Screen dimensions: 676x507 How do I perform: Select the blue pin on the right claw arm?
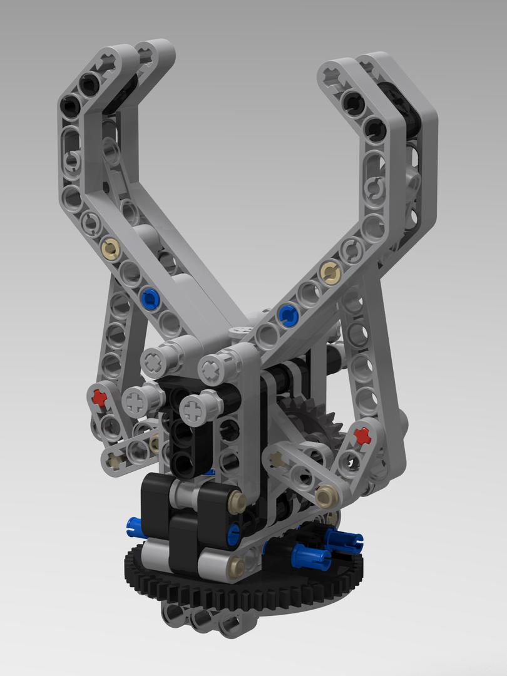[x=287, y=313]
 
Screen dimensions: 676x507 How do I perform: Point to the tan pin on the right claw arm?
[x=328, y=271]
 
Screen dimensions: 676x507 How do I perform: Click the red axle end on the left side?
[x=98, y=396]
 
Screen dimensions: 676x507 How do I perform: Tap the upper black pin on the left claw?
[x=89, y=81]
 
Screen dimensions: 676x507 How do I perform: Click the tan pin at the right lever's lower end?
[x=325, y=496]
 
